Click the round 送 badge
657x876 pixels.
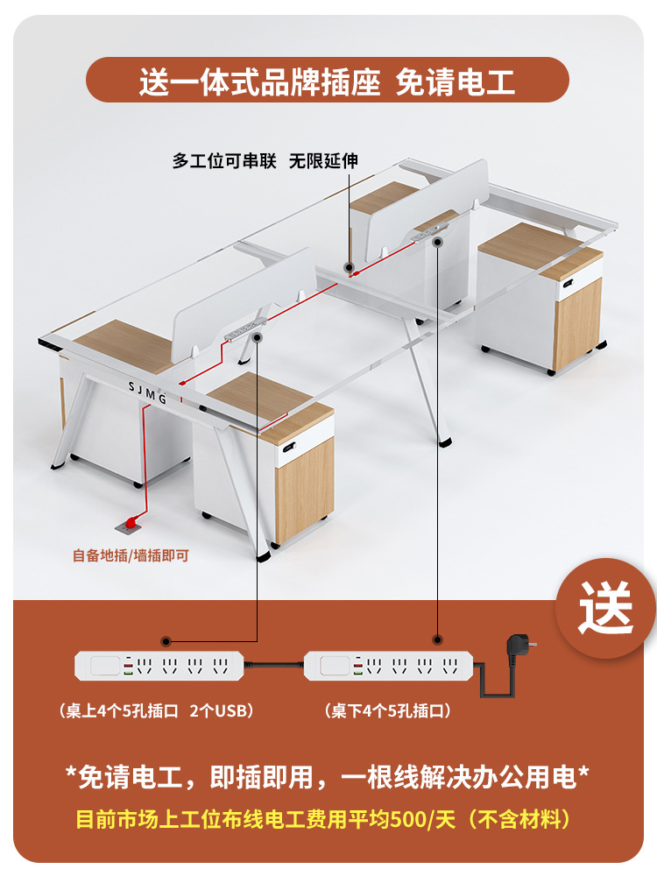click(x=605, y=607)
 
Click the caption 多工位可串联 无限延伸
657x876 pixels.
click(x=265, y=161)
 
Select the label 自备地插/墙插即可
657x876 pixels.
click(x=131, y=555)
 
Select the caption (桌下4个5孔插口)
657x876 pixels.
click(x=387, y=710)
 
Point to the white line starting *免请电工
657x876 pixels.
click(x=328, y=775)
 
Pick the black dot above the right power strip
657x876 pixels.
click(x=435, y=641)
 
